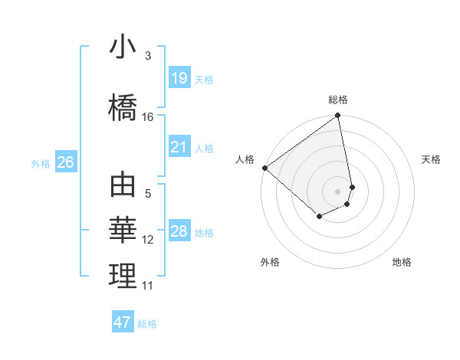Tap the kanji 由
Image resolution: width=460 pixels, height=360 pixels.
click(123, 186)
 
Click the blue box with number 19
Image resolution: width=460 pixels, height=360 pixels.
click(179, 77)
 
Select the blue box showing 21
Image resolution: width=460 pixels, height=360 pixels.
click(179, 147)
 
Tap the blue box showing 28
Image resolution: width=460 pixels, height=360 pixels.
click(179, 231)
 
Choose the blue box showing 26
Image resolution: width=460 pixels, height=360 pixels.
click(65, 162)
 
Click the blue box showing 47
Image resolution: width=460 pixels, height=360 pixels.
click(123, 322)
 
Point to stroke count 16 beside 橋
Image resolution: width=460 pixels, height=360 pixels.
click(148, 117)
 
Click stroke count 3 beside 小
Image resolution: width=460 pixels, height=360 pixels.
click(148, 56)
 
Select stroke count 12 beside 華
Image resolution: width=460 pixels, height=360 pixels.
click(148, 240)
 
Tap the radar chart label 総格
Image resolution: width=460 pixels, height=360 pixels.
click(338, 100)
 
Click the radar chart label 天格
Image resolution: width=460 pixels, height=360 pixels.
click(431, 159)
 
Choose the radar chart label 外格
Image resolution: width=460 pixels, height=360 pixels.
click(269, 262)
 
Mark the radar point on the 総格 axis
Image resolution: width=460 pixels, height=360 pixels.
click(338, 116)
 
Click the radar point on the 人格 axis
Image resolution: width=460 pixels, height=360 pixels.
click(264, 168)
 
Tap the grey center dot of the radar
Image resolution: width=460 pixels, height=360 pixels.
click(338, 191)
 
